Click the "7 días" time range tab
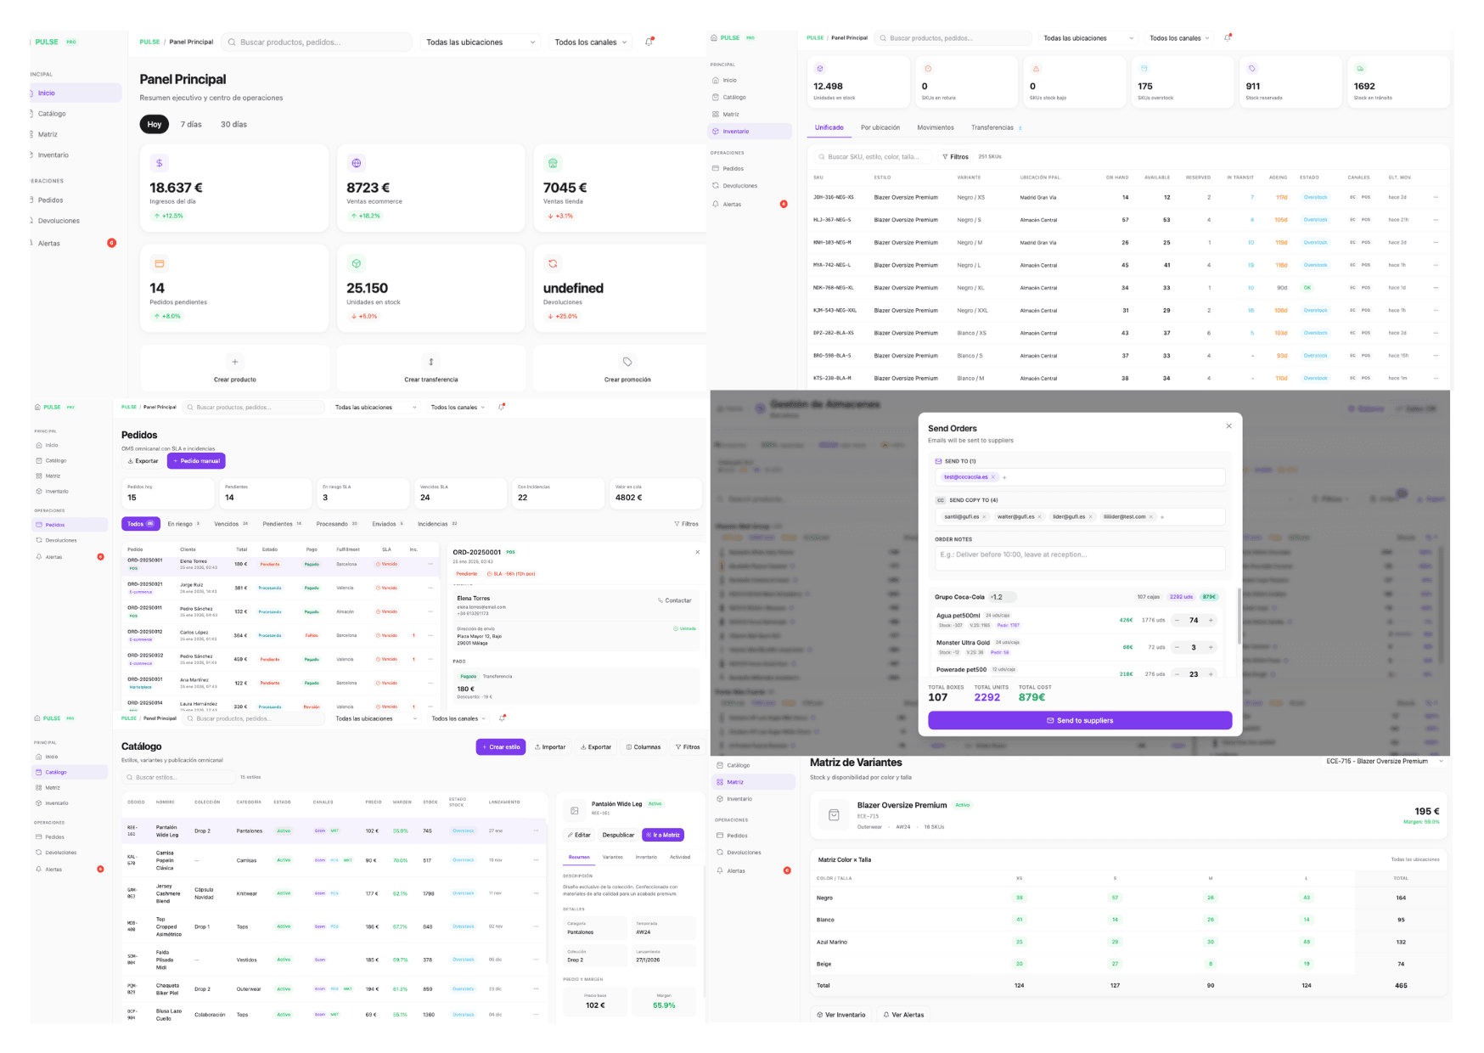191,125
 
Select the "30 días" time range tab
233,125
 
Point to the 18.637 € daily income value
177,188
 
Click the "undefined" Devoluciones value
573,289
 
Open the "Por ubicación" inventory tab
880,128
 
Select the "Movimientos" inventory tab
936,128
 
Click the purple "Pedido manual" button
196,461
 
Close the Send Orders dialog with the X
1228,426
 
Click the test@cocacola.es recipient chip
966,477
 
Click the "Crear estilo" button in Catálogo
501,747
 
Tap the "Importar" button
550,747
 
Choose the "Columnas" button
644,747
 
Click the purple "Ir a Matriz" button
663,835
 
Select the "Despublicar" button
618,835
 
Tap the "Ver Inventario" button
841,1015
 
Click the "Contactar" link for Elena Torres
675,600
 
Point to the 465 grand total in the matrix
1401,986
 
